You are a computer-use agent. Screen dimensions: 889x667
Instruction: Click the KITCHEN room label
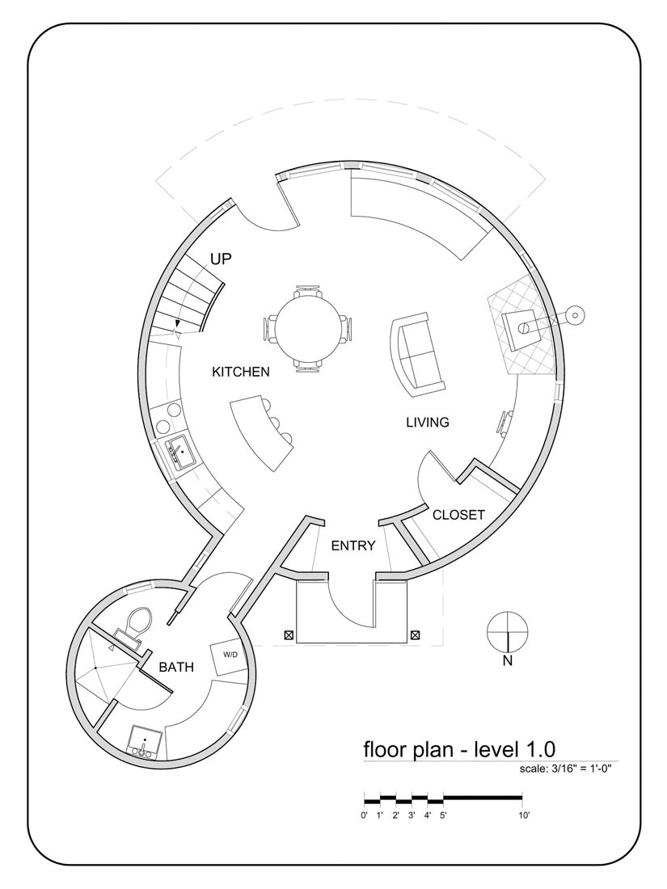coord(240,372)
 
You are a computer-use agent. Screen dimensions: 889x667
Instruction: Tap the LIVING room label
coord(427,422)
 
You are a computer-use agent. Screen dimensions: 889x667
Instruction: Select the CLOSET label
coord(458,515)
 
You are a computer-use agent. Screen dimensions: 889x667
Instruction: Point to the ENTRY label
coord(353,546)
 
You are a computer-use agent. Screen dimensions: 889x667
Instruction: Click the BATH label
coord(175,668)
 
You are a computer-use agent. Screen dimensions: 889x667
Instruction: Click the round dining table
coord(307,329)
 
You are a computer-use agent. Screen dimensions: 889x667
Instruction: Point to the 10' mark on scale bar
coord(524,816)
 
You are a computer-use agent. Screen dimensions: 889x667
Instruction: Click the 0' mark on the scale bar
coord(365,816)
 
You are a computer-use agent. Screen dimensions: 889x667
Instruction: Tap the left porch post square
coord(289,635)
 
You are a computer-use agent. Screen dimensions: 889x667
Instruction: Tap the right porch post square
coord(415,635)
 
